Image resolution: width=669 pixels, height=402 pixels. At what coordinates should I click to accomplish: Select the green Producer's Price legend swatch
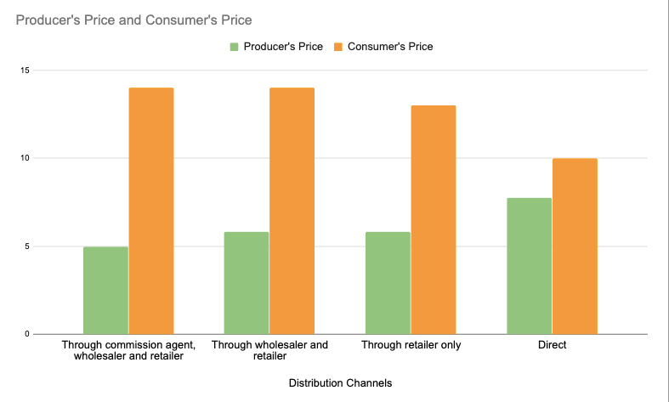tap(234, 47)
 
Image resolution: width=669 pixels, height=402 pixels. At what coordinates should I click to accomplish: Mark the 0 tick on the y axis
tap(26, 334)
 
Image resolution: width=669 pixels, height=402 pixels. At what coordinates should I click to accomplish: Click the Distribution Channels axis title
tap(340, 383)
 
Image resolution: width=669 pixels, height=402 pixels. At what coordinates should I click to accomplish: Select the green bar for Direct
tap(529, 266)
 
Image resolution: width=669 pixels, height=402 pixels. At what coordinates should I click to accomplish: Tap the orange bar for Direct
tap(575, 246)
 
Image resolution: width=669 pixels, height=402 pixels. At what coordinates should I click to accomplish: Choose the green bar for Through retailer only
tap(388, 283)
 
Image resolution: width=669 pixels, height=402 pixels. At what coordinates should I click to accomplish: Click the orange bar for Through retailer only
tap(434, 219)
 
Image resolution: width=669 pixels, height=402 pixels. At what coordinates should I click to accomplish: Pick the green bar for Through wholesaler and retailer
tap(247, 283)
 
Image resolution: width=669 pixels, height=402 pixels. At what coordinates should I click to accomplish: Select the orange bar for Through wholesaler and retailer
tap(292, 211)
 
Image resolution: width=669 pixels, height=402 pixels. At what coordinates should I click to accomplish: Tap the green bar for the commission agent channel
tap(105, 290)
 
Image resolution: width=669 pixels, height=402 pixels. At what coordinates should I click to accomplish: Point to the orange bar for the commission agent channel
tap(151, 211)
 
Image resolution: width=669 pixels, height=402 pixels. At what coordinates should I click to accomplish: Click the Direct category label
tap(552, 346)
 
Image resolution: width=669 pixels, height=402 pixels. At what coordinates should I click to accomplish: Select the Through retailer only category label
tap(411, 346)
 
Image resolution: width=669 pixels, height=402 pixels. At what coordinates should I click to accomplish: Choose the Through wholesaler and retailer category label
tap(269, 351)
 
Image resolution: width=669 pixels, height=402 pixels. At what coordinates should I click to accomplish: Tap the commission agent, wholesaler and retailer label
tap(128, 351)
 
